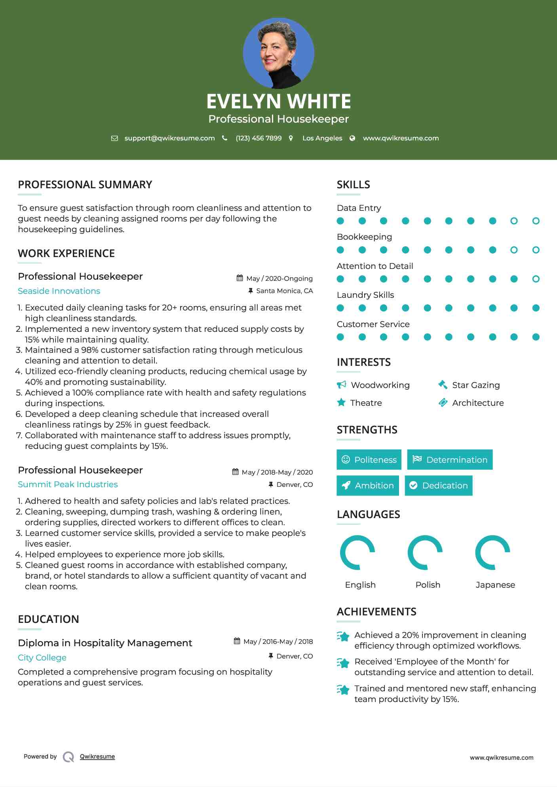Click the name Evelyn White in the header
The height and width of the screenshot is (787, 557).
(x=278, y=101)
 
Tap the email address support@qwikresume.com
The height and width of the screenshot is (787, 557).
(x=169, y=138)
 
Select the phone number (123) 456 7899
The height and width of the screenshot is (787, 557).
(x=259, y=138)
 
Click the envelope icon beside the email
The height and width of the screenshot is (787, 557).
(x=114, y=138)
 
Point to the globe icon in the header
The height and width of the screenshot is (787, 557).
(x=352, y=138)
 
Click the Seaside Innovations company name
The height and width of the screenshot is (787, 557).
(x=59, y=291)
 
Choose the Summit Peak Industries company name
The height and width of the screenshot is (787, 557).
(x=68, y=484)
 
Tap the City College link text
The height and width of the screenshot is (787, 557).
(x=42, y=658)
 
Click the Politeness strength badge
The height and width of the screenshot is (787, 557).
(x=369, y=460)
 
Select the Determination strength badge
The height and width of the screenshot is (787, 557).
(x=450, y=460)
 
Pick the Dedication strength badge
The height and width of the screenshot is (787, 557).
(x=439, y=485)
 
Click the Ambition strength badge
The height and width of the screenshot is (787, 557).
(x=368, y=485)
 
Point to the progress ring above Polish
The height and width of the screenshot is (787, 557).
(x=425, y=552)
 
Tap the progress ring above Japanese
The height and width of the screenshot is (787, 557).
(x=492, y=552)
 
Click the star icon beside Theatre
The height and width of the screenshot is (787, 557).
(x=341, y=403)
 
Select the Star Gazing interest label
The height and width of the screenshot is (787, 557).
(x=476, y=385)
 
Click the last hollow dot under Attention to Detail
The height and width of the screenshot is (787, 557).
(x=536, y=279)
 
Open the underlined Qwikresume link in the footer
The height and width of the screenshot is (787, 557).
(x=97, y=757)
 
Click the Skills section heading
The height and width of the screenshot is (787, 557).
(x=353, y=185)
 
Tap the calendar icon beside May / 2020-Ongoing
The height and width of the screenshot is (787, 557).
(x=240, y=278)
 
